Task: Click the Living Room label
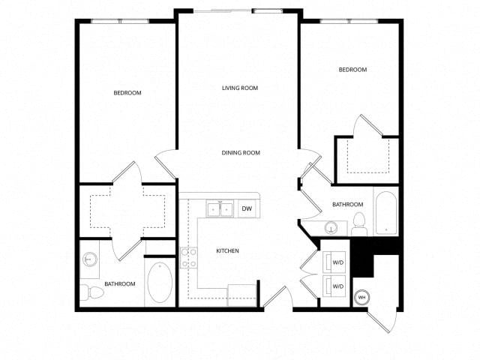point(240,88)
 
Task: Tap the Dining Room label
point(241,153)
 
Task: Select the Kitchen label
point(227,251)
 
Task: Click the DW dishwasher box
point(247,208)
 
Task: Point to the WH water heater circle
point(361,297)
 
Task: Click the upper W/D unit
point(334,262)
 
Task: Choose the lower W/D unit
point(334,286)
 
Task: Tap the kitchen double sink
point(220,208)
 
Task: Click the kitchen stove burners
point(188,258)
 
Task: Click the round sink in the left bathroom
point(90,259)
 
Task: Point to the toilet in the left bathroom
point(92,293)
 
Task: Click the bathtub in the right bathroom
point(386,213)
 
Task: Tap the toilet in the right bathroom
point(359,224)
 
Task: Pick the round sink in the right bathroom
point(331,228)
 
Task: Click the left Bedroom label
point(127,93)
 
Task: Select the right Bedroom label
point(352,70)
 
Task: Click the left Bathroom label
point(120,284)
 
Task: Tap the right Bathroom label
point(348,205)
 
